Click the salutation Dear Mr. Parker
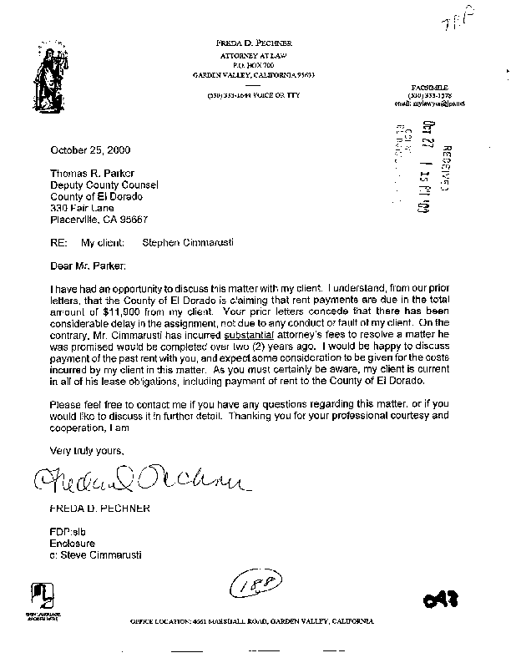tap(89, 266)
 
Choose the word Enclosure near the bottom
tap(74, 542)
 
